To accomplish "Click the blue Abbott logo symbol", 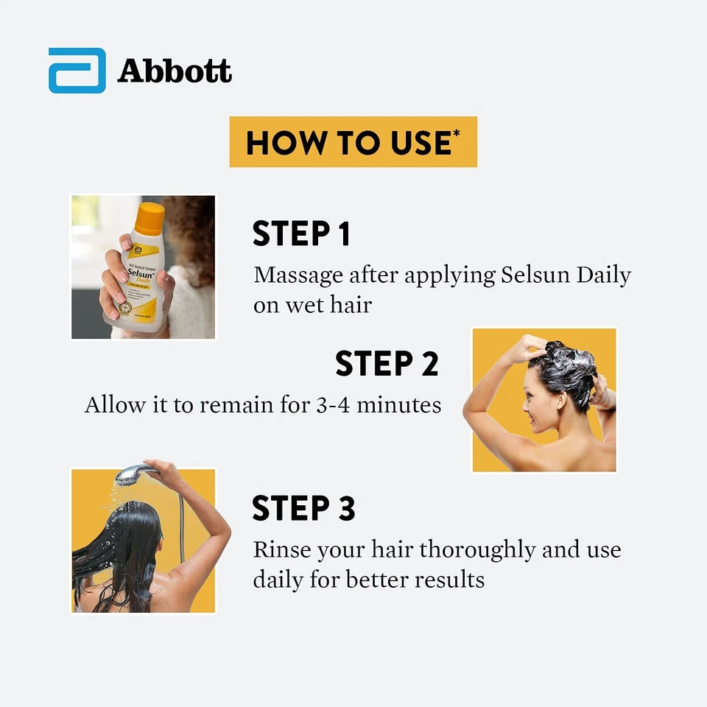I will point(77,71).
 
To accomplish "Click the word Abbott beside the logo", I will point(175,71).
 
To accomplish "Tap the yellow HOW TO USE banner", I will point(353,141).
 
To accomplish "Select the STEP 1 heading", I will point(301,233).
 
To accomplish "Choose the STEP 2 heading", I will point(387,364).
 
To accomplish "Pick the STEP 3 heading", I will point(303,509).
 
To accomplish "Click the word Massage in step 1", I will point(298,276).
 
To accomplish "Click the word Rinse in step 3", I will point(281,550).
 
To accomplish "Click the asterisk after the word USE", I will point(457,133).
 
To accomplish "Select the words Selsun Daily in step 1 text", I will point(566,276).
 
